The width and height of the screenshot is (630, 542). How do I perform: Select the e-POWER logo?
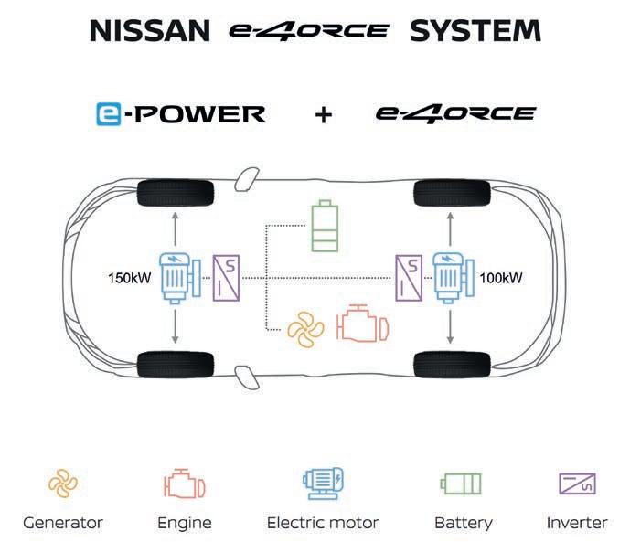tap(180, 114)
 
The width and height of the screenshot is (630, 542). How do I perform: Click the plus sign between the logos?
tap(323, 116)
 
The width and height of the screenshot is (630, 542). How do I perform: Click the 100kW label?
tap(501, 275)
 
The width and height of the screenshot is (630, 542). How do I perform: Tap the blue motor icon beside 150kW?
tap(179, 274)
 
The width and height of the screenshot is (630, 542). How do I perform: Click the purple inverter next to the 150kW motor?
tap(227, 274)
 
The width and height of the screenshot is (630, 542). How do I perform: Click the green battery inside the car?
tap(324, 226)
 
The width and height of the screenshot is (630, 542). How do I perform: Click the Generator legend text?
tap(63, 523)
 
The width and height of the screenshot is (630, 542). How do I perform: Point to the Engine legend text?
tap(184, 523)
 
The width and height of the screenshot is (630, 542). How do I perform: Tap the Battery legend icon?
tap(461, 483)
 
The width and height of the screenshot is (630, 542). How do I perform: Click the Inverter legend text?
tap(576, 523)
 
